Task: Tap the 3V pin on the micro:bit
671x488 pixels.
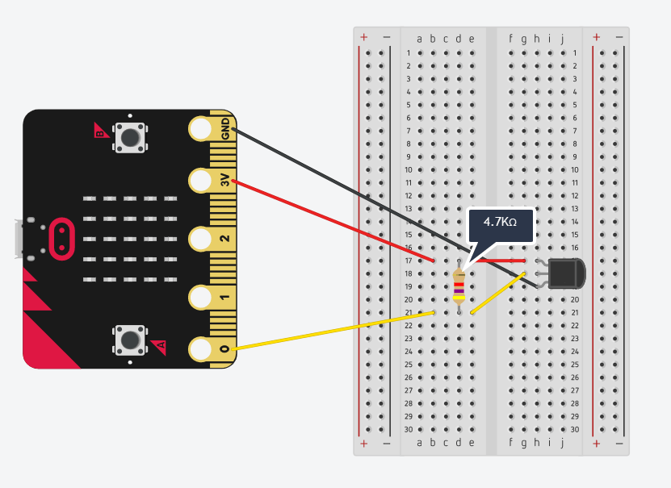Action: (x=201, y=181)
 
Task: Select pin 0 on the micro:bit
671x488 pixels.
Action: (x=201, y=349)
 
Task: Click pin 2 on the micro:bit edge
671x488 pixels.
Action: (x=201, y=239)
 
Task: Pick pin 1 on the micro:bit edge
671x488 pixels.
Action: (x=201, y=297)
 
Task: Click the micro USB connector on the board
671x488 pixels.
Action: (x=18, y=239)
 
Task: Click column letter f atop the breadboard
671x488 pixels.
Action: (x=510, y=38)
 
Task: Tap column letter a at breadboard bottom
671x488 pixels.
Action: (x=419, y=442)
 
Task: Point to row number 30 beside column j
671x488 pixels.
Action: (x=574, y=429)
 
